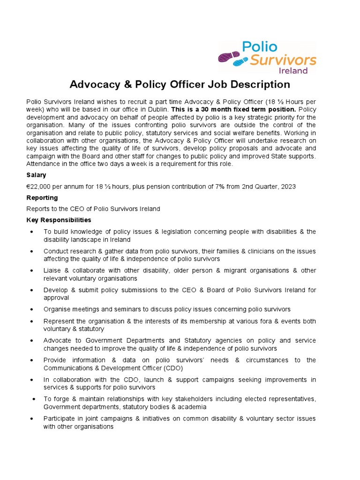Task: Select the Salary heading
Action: [36, 175]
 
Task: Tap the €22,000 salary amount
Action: [41, 186]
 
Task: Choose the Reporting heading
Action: [42, 197]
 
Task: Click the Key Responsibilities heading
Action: [59, 220]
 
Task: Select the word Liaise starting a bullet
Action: [53, 270]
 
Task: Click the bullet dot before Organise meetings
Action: [31, 309]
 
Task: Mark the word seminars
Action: [131, 309]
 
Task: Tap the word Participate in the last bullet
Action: [60, 418]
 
